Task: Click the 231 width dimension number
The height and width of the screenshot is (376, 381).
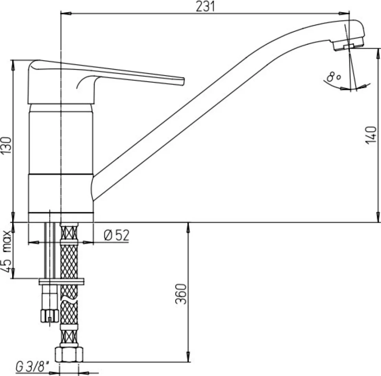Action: (205, 6)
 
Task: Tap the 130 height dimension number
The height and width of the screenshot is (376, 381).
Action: (6, 145)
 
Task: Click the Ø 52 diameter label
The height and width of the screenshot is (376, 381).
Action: (116, 235)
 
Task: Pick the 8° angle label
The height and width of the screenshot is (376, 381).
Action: (333, 77)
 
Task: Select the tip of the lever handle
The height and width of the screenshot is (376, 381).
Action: (184, 81)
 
